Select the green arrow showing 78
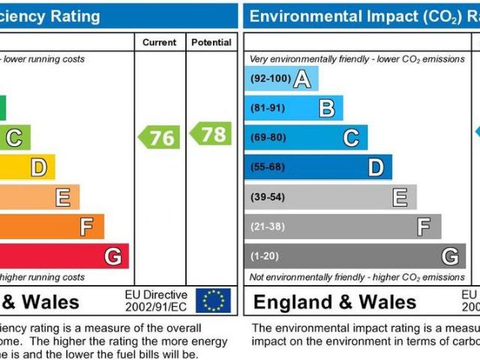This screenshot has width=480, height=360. (211, 133)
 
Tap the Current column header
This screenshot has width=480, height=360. (160, 43)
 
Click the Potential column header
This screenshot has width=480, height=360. (211, 43)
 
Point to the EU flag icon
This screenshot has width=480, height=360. (213, 301)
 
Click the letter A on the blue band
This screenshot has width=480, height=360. (302, 79)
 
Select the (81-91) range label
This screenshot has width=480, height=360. (268, 108)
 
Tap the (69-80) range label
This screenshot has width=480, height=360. (268, 138)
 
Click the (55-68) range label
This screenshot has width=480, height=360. (268, 167)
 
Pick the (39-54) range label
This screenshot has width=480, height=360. (268, 197)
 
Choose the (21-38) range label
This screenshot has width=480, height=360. (268, 226)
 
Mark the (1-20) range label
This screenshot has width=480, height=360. (265, 256)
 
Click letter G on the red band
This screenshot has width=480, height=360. (112, 256)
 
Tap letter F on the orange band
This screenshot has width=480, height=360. (87, 226)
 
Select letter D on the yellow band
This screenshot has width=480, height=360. (37, 167)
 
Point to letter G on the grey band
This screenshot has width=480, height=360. (449, 256)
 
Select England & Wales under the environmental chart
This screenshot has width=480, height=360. (334, 302)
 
